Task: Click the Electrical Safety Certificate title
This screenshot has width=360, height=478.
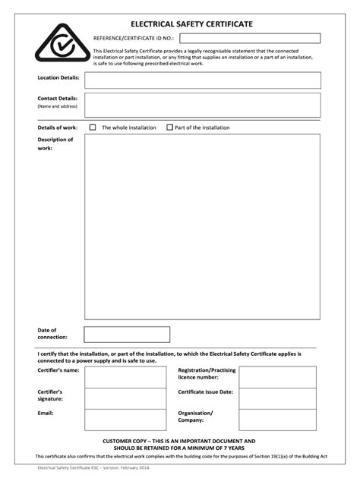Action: pyautogui.click(x=191, y=24)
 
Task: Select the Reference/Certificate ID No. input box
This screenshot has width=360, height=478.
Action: pyautogui.click(x=250, y=38)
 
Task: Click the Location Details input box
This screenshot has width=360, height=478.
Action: pyautogui.click(x=202, y=80)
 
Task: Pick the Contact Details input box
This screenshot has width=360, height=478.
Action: pyautogui.click(x=202, y=105)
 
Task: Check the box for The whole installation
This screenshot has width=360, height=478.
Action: pyautogui.click(x=93, y=127)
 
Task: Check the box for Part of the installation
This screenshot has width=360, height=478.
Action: pyautogui.click(x=169, y=127)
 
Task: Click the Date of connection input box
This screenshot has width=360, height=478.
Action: pyautogui.click(x=127, y=335)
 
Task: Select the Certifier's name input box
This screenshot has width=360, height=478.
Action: pyautogui.click(x=125, y=377)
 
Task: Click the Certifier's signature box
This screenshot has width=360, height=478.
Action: pyautogui.click(x=125, y=398)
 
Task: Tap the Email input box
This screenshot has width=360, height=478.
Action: pyautogui.click(x=125, y=420)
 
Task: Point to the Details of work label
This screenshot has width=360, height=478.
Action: pyautogui.click(x=58, y=127)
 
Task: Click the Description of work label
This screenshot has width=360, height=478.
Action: pyautogui.click(x=55, y=143)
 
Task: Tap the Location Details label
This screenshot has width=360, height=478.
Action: pyautogui.click(x=58, y=77)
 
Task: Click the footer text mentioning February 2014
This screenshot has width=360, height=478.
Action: pyautogui.click(x=89, y=468)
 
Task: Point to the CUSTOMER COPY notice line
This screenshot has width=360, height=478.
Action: pyautogui.click(x=179, y=441)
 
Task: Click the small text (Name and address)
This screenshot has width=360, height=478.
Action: pyautogui.click(x=58, y=106)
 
